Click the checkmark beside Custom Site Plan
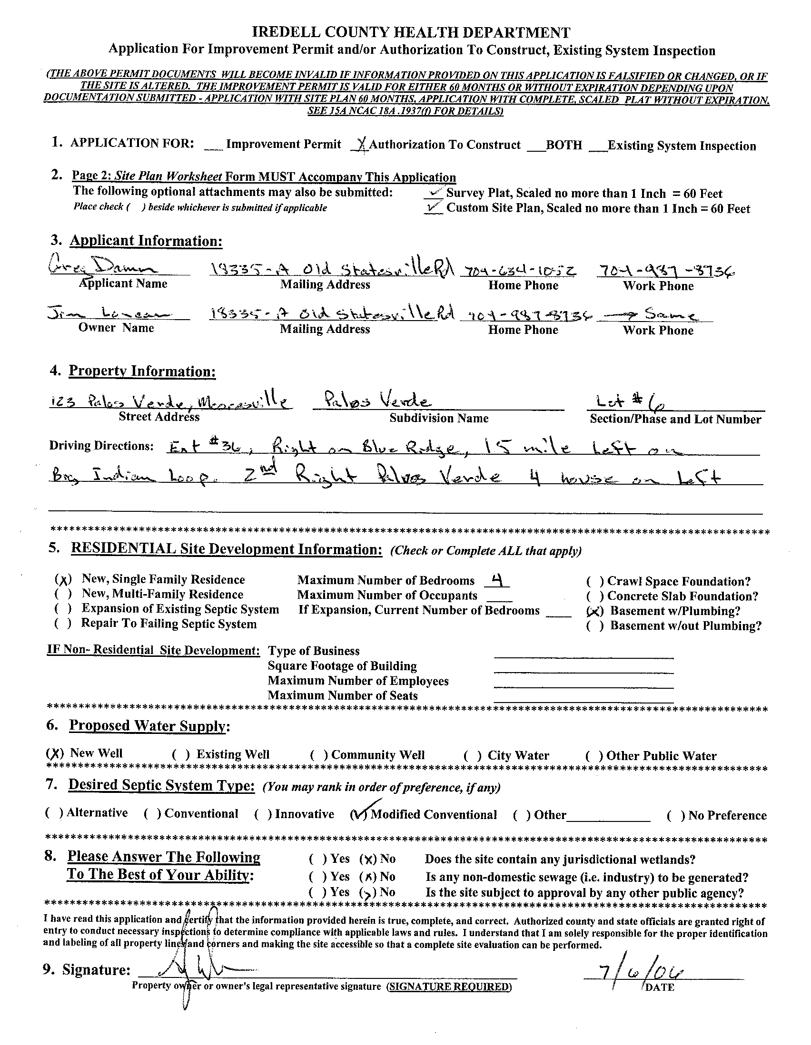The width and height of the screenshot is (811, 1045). [434, 207]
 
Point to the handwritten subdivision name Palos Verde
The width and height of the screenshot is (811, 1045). [378, 401]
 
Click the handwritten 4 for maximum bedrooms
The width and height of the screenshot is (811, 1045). [497, 580]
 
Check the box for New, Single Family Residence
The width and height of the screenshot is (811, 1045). [63, 580]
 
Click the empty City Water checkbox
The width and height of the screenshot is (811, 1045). [472, 755]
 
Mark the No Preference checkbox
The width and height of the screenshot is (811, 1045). [675, 816]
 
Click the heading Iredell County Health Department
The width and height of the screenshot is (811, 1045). [411, 32]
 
